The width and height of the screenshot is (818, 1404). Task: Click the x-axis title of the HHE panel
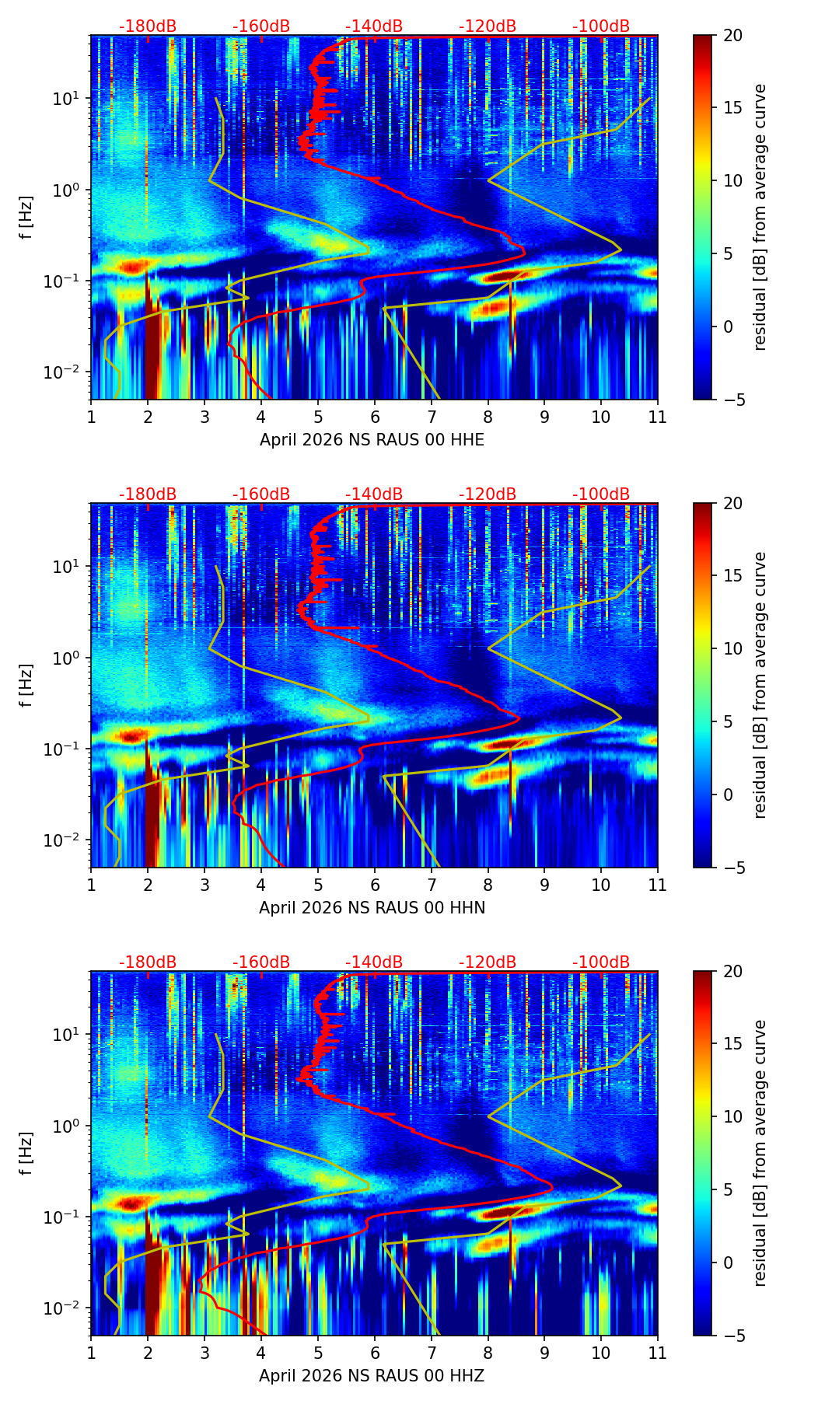click(x=372, y=440)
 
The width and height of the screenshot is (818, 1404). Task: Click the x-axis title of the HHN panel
click(x=372, y=908)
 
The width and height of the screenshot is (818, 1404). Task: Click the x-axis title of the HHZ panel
click(x=372, y=1376)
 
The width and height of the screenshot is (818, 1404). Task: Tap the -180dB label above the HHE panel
click(x=148, y=26)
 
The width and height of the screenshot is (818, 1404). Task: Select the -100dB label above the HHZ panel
click(x=601, y=962)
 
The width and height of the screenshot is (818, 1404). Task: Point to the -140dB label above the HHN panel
click(x=374, y=494)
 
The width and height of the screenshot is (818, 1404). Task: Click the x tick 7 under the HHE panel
click(x=432, y=416)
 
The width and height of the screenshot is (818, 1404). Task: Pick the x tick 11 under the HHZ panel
click(x=657, y=1352)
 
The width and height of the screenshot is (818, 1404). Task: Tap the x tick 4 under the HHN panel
click(x=261, y=884)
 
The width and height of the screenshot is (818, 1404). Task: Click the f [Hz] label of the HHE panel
click(x=26, y=217)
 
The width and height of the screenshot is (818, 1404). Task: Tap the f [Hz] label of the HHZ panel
click(x=26, y=1153)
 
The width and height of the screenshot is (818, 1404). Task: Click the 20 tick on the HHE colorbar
click(x=732, y=35)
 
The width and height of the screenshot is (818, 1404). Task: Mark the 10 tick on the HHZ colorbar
click(x=732, y=1117)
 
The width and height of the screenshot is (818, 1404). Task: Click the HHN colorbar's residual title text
click(x=760, y=685)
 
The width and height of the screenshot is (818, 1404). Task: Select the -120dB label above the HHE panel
click(x=488, y=26)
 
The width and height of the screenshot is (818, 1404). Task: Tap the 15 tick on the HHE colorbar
click(x=732, y=108)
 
